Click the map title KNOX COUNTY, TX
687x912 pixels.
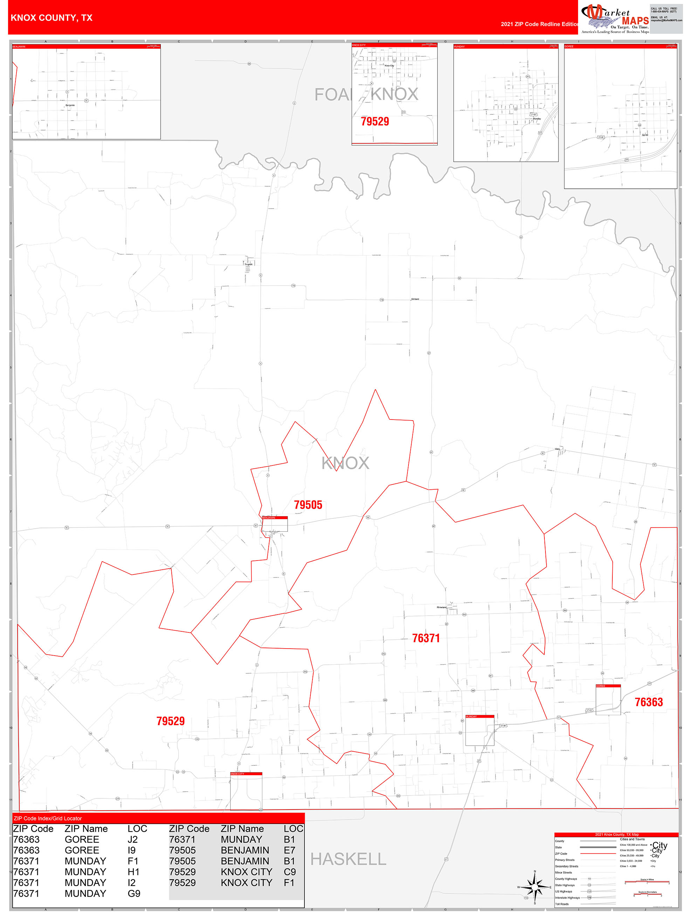[x=51, y=18]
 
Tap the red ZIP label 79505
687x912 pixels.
[x=308, y=505]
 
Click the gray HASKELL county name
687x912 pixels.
[x=348, y=859]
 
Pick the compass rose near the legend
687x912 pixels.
[x=534, y=887]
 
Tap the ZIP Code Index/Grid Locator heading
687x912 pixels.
[x=48, y=818]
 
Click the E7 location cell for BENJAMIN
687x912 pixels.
[x=289, y=850]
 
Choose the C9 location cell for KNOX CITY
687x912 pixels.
[x=289, y=872]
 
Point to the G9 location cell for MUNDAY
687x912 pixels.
[x=134, y=893]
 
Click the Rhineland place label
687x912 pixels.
[x=441, y=607]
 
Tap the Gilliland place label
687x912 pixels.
[x=415, y=299]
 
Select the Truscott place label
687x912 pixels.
[x=248, y=264]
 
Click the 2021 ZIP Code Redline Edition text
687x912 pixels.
[x=539, y=24]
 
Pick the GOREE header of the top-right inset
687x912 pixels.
[x=569, y=47]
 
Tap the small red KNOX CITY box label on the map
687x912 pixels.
[x=237, y=774]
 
